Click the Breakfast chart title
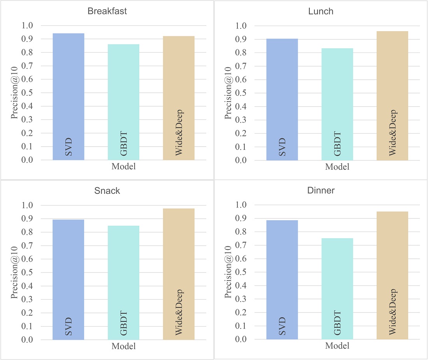pyautogui.click(x=107, y=11)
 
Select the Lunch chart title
pyautogui.click(x=321, y=11)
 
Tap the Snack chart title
pyautogui.click(x=107, y=191)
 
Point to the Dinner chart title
pyautogui.click(x=321, y=191)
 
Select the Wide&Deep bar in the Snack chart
pyautogui.click(x=179, y=274)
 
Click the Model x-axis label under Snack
pyautogui.click(x=123, y=346)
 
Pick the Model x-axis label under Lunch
pyautogui.click(x=337, y=167)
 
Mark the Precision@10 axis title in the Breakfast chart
pyautogui.click(x=14, y=93)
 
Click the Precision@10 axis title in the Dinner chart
pyautogui.click(x=228, y=272)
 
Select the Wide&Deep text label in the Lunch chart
pyautogui.click(x=392, y=133)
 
